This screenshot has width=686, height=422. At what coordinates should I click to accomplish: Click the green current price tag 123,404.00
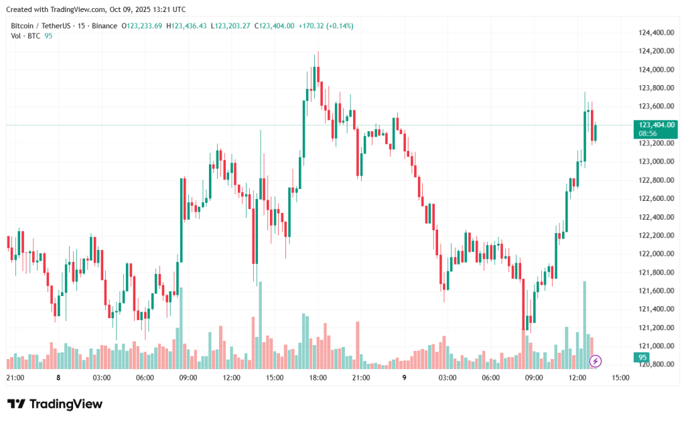tap(657, 125)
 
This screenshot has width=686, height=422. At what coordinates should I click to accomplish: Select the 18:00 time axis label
tap(318, 378)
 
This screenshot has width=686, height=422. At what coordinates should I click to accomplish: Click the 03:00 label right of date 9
tap(447, 378)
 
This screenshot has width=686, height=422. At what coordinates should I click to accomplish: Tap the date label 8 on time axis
tap(58, 378)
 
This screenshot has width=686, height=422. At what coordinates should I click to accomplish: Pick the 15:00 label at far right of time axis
tap(620, 378)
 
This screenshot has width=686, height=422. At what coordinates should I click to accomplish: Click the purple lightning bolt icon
tap(595, 361)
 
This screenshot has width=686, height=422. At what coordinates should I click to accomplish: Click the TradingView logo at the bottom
tap(55, 404)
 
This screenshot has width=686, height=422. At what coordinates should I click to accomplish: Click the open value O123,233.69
tap(141, 25)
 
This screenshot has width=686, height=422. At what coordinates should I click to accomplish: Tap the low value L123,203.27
tap(230, 25)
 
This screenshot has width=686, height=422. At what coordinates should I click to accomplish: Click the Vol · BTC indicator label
tap(25, 36)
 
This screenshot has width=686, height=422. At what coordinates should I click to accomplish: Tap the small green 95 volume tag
tap(642, 357)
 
